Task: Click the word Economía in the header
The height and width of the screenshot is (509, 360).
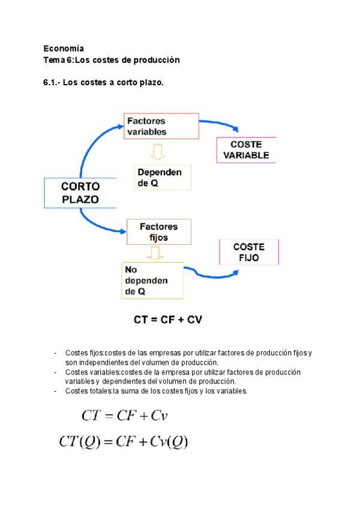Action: [64, 48]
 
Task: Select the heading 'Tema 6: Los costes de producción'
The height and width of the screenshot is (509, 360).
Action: [112, 60]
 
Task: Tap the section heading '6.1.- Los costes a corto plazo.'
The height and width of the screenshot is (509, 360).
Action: [103, 82]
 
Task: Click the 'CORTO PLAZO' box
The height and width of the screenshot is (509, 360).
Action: [80, 193]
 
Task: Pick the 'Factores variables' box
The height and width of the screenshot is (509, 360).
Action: [161, 126]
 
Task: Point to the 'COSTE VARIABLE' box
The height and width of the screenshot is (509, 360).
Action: [246, 150]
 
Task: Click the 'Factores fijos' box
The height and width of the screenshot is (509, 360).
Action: [159, 232]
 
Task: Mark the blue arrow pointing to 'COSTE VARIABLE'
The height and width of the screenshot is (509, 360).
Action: [219, 125]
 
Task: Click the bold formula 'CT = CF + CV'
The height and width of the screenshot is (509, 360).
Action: [168, 320]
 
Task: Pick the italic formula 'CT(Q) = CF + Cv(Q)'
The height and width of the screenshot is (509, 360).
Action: [124, 443]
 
